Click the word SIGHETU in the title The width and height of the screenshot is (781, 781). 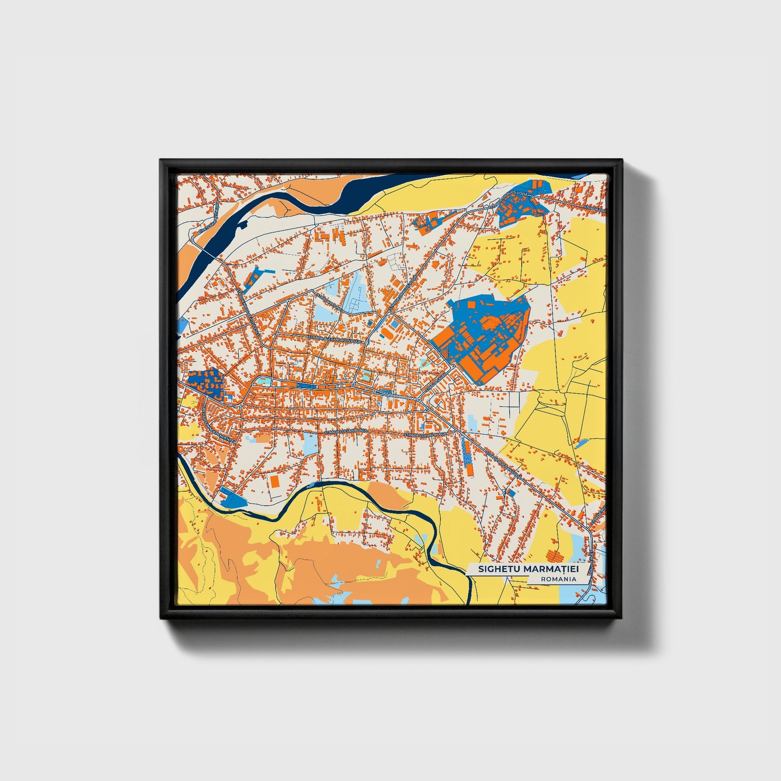(496, 570)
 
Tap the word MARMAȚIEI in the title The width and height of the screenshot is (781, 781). (546, 570)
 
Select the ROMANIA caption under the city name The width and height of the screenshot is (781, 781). (558, 579)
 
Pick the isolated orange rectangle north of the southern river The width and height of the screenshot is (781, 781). (275, 481)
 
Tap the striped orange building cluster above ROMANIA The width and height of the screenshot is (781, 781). (554, 555)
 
